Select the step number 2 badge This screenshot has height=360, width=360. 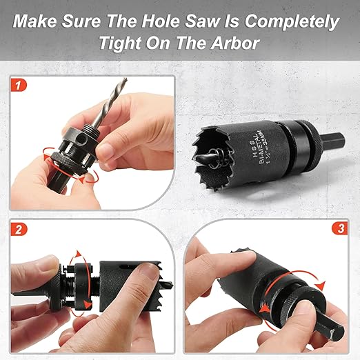[21, 228]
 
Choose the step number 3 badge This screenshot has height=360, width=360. [338, 228]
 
